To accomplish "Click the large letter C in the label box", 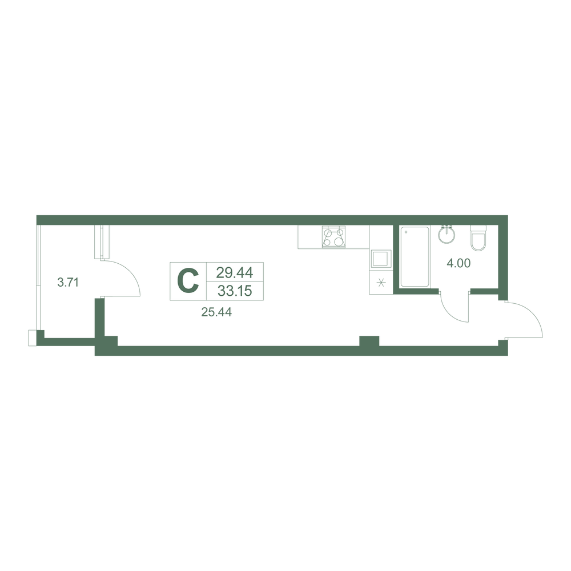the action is pyautogui.click(x=188, y=281).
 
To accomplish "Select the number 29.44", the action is pyautogui.click(x=235, y=272).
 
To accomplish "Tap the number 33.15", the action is pyautogui.click(x=235, y=291).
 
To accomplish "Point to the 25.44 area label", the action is pyautogui.click(x=216, y=312).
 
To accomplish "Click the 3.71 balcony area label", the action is pyautogui.click(x=68, y=282).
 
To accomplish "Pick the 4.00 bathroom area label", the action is pyautogui.click(x=459, y=263).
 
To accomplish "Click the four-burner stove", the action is pyautogui.click(x=334, y=237).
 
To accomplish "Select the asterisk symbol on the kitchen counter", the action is pyautogui.click(x=381, y=283).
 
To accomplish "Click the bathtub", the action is pyautogui.click(x=415, y=257).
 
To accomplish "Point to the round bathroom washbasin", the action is pyautogui.click(x=447, y=235).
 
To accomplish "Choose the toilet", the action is pyautogui.click(x=478, y=238).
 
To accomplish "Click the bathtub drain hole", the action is pyautogui.click(x=406, y=232).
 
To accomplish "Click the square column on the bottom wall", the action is pyautogui.click(x=369, y=341).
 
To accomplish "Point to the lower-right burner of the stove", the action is pyautogui.click(x=339, y=242).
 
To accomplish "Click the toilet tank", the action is pyautogui.click(x=478, y=229).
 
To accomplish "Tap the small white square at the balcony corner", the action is pyautogui.click(x=33, y=338).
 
